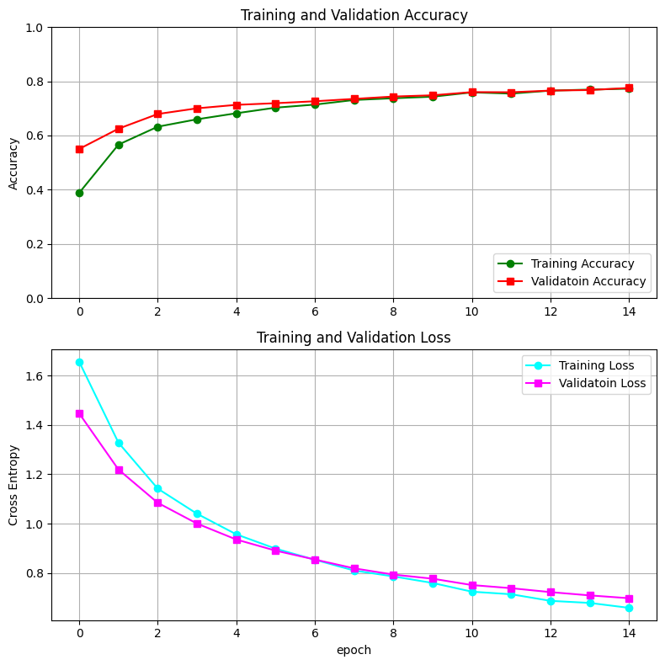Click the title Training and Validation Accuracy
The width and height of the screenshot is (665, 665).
354,15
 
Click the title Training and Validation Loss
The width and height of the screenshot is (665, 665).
354,338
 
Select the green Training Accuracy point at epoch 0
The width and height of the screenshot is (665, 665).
79,193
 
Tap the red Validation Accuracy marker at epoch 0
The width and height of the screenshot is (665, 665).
79,149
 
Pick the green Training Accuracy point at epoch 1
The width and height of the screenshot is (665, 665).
119,145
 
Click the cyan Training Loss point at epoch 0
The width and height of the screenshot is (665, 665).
79,362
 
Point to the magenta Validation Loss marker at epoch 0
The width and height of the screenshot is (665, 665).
79,413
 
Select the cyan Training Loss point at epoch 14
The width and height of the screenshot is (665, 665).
629,608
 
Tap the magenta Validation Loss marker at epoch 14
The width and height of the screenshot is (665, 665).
629,598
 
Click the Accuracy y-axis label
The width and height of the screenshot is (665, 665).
13,162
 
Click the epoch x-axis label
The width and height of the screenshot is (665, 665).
354,650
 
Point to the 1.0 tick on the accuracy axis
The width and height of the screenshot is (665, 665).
35,28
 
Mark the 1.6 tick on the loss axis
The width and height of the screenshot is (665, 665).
35,375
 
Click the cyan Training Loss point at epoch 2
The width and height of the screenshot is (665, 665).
157,488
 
